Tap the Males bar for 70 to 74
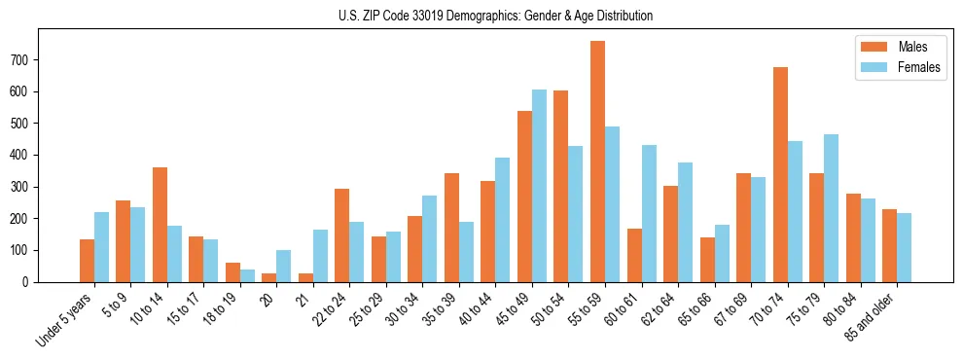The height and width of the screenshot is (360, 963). tap(780, 174)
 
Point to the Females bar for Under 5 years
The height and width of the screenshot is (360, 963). tap(101, 247)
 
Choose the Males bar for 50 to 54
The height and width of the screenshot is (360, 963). tap(561, 186)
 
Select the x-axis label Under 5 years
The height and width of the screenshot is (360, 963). tap(67, 317)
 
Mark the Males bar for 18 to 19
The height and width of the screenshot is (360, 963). tap(232, 272)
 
